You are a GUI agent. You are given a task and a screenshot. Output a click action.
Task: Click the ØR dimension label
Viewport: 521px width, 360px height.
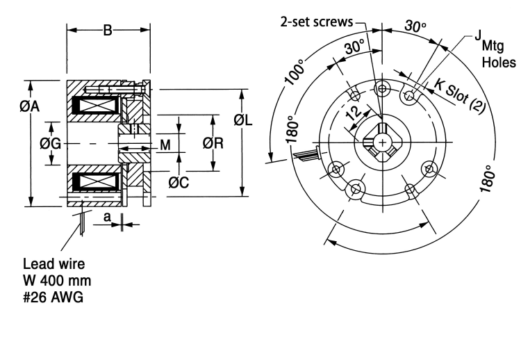point(213,143)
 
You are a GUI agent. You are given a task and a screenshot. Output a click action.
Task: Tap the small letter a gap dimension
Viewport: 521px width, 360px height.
point(107,218)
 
